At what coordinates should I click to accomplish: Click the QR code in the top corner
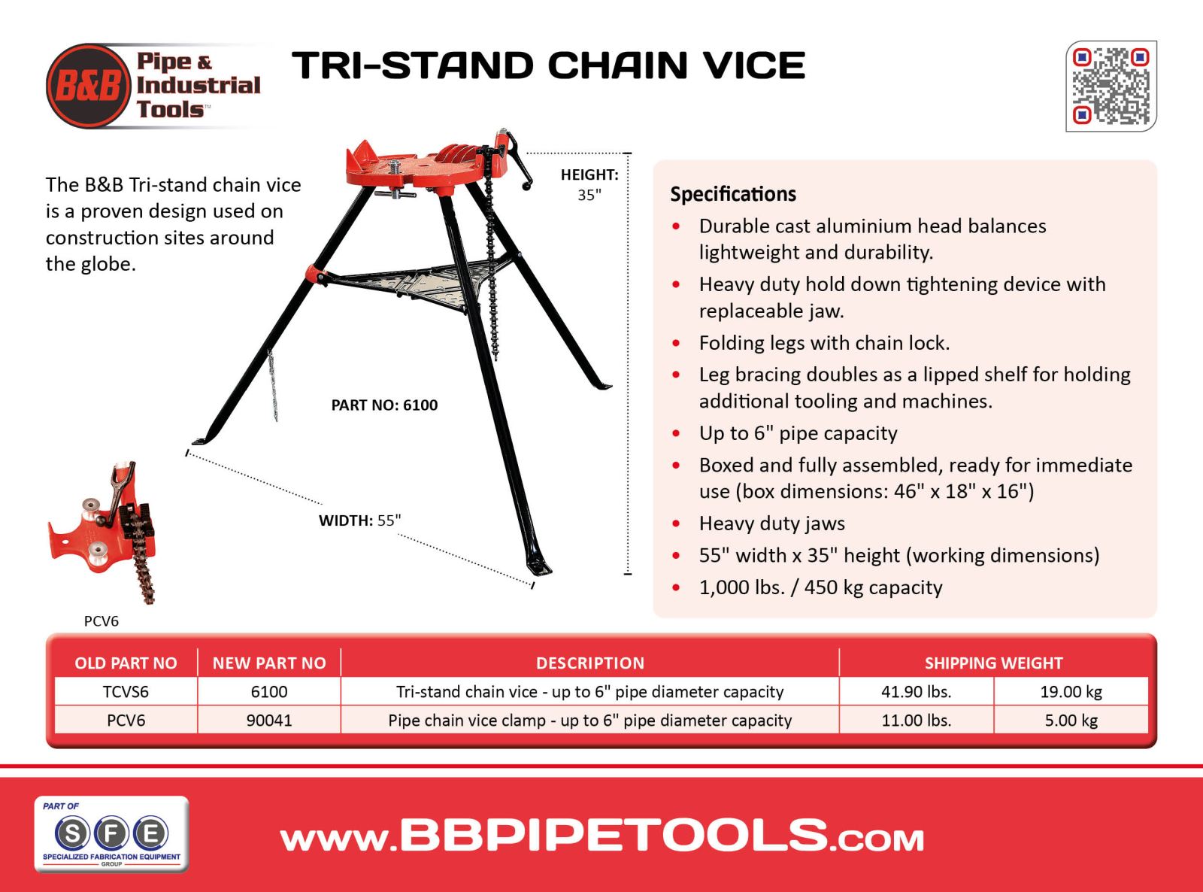tap(1111, 86)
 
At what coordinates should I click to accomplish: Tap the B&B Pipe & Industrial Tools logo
tap(153, 86)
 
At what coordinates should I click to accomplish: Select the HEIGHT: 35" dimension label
tap(589, 184)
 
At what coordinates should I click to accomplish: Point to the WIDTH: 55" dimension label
tap(359, 520)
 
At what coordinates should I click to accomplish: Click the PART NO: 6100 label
tap(384, 405)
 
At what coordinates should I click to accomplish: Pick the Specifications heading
tap(733, 194)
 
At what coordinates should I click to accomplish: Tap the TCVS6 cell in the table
tap(126, 691)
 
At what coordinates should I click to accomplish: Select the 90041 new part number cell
tap(269, 720)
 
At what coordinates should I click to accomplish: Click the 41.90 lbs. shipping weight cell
tap(916, 691)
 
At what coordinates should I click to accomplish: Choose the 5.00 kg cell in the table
tap(1071, 720)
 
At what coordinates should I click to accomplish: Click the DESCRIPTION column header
tap(590, 663)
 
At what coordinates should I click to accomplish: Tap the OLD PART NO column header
tap(126, 663)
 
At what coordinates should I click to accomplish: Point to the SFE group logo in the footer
tap(112, 834)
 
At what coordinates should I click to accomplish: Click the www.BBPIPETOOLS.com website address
tap(602, 836)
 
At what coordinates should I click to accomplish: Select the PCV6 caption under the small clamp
tap(102, 620)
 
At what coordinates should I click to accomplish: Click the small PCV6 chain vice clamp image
tap(102, 532)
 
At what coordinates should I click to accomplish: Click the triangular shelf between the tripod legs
tap(417, 282)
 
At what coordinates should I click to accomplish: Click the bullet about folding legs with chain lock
tap(824, 343)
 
